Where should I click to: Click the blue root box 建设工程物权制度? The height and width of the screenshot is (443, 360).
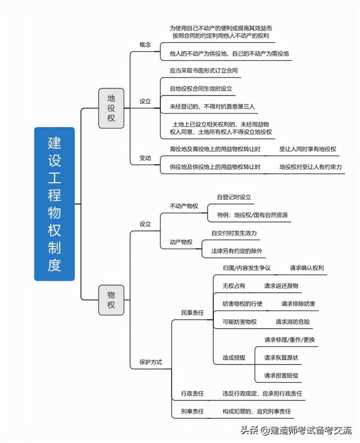coord(55,204)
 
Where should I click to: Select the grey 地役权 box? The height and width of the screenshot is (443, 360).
coord(111,108)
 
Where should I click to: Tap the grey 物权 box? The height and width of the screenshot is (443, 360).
coord(111,300)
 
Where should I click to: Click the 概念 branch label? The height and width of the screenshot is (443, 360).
coord(145,44)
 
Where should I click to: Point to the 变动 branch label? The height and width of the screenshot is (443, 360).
coord(145,158)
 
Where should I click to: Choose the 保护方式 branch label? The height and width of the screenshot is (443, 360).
coord(151,362)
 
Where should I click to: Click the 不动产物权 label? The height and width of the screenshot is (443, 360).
coord(184,206)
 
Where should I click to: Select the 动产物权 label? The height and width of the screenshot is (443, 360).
coord(181,242)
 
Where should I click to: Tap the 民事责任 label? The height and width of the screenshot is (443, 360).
coord(192,313)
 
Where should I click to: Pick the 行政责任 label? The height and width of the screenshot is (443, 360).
coord(192,394)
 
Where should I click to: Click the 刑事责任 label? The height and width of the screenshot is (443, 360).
coord(192,412)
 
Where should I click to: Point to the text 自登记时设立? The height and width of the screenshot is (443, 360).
coord(234,197)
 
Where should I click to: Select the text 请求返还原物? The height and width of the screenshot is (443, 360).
coord(281,286)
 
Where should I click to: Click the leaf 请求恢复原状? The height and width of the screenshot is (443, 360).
coord(281,358)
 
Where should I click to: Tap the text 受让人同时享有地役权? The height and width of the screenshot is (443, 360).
coord(308,149)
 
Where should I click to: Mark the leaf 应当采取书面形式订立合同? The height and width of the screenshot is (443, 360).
coord(204,70)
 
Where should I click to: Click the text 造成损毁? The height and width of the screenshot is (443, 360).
coord(234,358)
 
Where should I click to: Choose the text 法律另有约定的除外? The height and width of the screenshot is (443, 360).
coord(237,251)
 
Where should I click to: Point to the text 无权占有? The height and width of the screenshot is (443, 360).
coord(234,286)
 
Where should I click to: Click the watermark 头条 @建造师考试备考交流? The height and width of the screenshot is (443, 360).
coord(296,430)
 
